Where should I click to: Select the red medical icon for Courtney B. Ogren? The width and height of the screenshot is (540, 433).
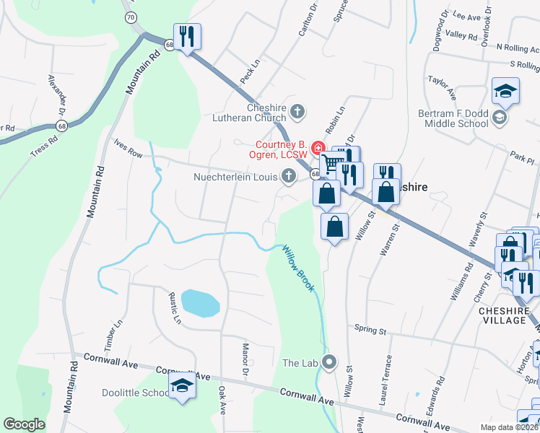tap(316, 149)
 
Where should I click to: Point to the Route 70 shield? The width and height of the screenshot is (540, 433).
tap(129, 17)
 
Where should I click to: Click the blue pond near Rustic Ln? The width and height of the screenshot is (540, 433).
tap(199, 303)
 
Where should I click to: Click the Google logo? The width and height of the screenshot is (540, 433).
tap(24, 424)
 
